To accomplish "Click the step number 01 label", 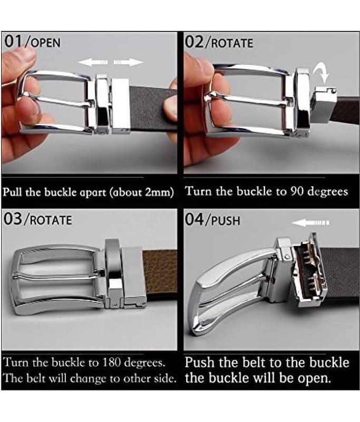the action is pyautogui.click(x=13, y=42).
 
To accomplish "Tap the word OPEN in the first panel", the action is pyautogui.click(x=45, y=43).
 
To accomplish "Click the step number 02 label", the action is pyautogui.click(x=194, y=42).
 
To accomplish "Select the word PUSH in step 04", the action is pyautogui.click(x=226, y=221).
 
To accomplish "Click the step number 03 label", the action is pyautogui.click(x=13, y=219).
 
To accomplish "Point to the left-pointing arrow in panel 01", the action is pyautogui.click(x=93, y=62).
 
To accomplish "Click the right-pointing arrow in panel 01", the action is pyautogui.click(x=129, y=62).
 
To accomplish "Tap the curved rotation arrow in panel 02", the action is pyautogui.click(x=322, y=72).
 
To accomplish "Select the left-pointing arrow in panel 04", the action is pyautogui.click(x=310, y=223).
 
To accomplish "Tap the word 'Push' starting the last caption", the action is pyautogui.click(x=200, y=362).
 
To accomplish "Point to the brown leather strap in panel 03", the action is pyautogui.click(x=160, y=272).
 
